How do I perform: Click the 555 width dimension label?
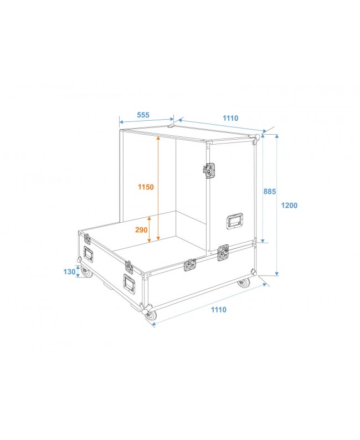[x=143, y=115]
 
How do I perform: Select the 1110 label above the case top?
[x=230, y=118]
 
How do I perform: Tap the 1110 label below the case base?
[x=218, y=310]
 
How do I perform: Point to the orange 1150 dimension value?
[x=146, y=187]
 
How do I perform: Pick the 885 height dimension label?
[x=269, y=191]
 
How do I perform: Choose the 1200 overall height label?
[x=289, y=206]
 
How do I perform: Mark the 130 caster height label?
[x=70, y=272]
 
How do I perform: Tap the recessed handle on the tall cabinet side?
[x=234, y=221]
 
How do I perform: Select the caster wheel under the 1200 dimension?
[x=244, y=283]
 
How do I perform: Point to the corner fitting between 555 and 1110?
[x=172, y=126]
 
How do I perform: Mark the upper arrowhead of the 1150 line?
[x=158, y=139]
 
